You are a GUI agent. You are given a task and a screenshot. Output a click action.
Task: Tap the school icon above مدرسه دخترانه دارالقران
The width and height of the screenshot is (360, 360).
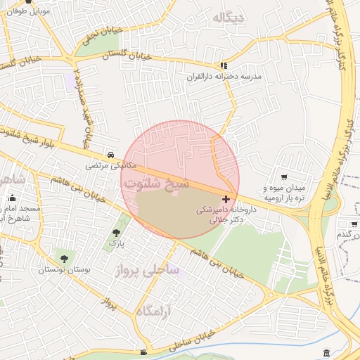224,65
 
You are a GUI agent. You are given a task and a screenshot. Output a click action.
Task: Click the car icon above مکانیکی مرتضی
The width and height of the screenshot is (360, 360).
110,155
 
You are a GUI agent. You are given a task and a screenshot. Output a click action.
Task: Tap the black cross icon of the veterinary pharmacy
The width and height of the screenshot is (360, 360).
226,199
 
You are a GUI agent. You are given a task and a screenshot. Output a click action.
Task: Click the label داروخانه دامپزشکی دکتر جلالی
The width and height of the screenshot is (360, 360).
222,214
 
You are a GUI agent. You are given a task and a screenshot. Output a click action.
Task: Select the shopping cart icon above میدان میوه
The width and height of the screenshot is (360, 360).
284,177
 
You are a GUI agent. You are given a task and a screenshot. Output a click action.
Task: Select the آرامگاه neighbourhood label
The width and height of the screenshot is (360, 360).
155,311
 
